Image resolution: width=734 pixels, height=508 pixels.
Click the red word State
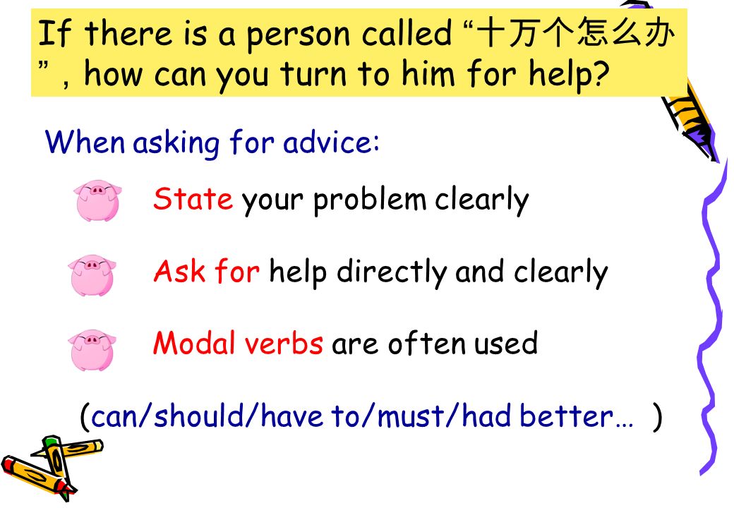(193, 199)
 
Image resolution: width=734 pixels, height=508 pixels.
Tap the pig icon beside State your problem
(97, 200)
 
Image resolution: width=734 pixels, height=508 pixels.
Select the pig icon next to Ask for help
(92, 275)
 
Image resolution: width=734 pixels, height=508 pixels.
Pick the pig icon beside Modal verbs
(92, 350)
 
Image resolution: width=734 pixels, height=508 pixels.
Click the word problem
(370, 200)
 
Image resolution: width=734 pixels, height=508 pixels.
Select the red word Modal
(194, 343)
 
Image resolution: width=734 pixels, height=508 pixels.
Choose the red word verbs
(284, 344)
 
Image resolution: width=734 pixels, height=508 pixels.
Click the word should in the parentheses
(199, 416)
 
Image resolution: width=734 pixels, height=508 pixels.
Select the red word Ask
(179, 272)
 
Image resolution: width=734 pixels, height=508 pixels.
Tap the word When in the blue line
(85, 141)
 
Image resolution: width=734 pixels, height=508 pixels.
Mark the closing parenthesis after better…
(658, 416)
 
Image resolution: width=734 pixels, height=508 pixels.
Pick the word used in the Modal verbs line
(505, 344)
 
